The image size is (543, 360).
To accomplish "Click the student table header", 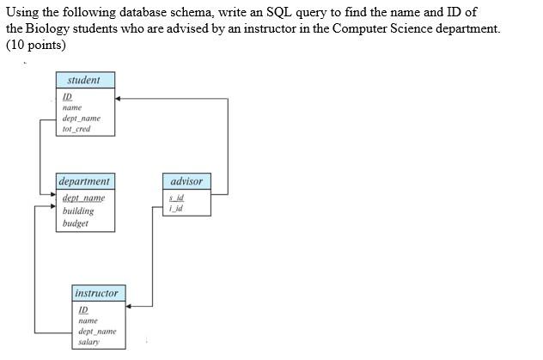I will [83, 80].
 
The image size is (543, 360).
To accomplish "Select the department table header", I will [84, 181].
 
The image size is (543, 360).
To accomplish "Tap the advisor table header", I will [186, 181].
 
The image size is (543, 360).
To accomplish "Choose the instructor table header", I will [96, 293].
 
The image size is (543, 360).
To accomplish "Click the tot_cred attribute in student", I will [76, 129].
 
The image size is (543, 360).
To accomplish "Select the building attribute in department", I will [78, 211].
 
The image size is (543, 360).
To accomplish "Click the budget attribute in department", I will [75, 223].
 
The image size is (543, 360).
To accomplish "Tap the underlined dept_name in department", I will [83, 198].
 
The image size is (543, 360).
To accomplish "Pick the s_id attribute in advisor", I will [176, 198].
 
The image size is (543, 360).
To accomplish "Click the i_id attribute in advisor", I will [176, 207].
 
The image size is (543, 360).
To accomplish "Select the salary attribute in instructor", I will [88, 342].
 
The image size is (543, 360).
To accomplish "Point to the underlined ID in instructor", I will [83, 309].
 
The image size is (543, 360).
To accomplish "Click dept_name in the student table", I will [81, 119].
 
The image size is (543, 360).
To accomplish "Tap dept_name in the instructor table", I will [96, 331].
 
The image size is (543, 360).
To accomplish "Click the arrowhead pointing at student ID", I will [119, 99].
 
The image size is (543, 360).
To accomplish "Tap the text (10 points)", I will [36, 45].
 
